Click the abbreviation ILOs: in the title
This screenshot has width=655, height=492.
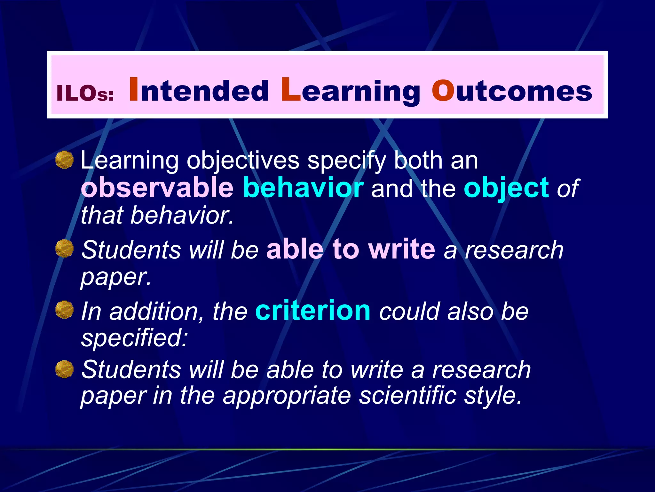[x=85, y=93]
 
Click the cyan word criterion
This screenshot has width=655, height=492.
[x=313, y=310]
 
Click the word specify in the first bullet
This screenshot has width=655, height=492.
[x=346, y=161]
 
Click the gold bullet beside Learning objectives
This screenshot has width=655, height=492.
[x=65, y=160]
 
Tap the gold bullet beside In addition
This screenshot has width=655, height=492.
[x=65, y=310]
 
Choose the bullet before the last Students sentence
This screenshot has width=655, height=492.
[x=65, y=369]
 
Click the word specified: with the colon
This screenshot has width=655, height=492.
[x=134, y=338]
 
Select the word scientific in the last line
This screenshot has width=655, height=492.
[x=407, y=396]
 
